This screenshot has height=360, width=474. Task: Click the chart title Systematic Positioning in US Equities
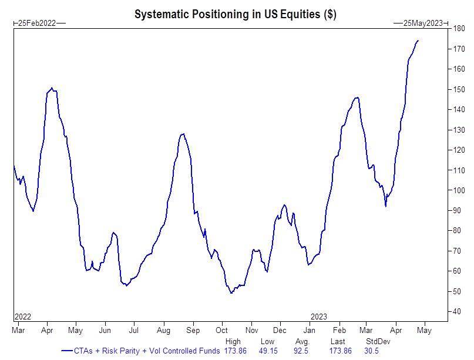coord(235,14)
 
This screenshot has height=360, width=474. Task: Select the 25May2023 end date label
coord(422,23)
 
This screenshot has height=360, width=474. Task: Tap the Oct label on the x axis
coord(221,331)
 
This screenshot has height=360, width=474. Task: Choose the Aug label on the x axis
coord(163,331)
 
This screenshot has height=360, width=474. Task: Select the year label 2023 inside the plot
coord(319,317)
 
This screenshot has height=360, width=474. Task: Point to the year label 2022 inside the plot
coord(22,317)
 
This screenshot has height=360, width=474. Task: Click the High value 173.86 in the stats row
coord(235,351)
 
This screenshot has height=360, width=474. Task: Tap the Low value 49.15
coord(267,351)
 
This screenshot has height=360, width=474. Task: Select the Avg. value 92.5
coord(301,351)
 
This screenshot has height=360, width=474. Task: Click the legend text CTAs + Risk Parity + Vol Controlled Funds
coord(146,351)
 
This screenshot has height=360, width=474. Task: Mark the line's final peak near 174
coord(418,41)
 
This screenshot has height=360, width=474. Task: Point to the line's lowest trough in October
coord(231,292)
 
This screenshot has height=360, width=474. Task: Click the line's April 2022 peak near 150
coord(52,88)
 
